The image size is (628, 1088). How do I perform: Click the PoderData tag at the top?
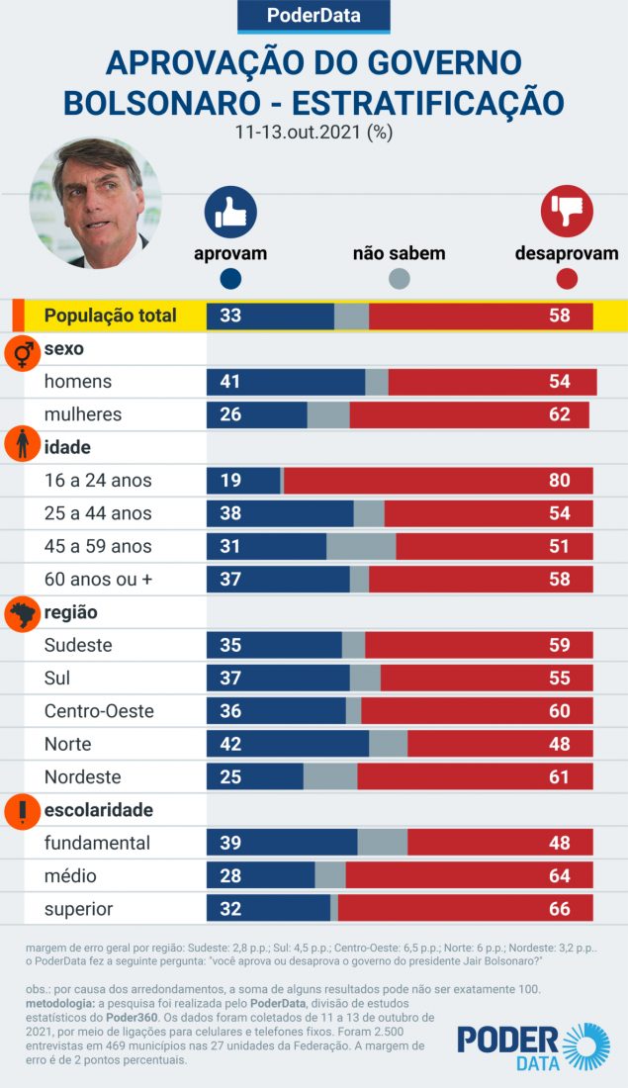314,16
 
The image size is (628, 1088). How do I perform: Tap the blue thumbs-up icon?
230,212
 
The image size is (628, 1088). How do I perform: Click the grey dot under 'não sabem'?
399,279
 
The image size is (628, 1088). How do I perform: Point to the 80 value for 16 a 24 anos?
560,481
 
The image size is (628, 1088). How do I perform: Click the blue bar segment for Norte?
287,744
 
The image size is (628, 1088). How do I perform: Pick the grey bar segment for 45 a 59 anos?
361,546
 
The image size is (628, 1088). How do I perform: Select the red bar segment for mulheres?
469,414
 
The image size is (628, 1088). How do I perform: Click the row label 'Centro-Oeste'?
99,711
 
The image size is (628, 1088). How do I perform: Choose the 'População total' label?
111,316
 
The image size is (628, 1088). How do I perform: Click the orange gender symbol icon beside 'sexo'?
22,351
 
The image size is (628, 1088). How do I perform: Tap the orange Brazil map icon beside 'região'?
22,614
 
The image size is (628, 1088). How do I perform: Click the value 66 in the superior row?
560,909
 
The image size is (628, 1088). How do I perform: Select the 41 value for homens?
230,382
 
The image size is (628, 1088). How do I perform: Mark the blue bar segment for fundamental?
282,843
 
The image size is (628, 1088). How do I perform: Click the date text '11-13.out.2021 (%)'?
313,132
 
